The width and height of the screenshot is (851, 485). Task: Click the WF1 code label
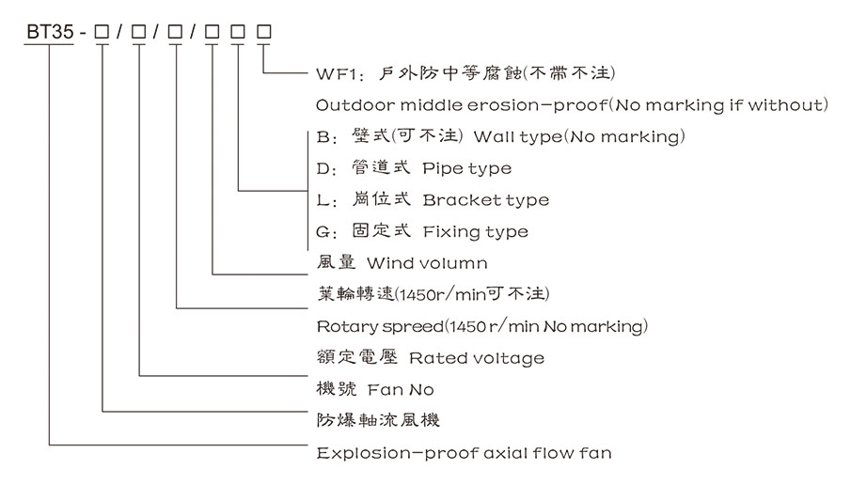pos(337,72)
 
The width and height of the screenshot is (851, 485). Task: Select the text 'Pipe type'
pos(467,169)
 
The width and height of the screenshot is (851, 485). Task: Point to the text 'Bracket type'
pos(485,200)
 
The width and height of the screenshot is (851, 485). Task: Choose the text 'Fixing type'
pos(476,231)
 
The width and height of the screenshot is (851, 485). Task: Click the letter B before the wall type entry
pos(323,137)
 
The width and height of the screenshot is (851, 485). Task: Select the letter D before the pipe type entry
pos(323,169)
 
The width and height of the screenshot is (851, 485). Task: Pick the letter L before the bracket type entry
pos(322,200)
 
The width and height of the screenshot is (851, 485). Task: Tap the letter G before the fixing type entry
pos(323,231)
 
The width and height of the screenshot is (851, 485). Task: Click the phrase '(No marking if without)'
pos(718,104)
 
